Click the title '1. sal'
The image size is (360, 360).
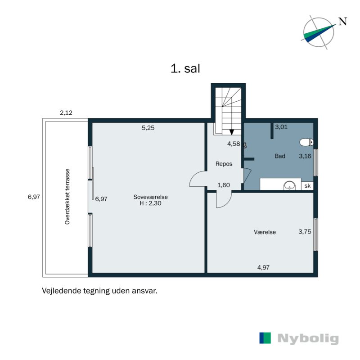pyautogui.click(x=185, y=69)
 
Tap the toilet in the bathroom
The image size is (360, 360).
pyautogui.click(x=306, y=143)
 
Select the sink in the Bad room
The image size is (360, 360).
pyautogui.click(x=290, y=185)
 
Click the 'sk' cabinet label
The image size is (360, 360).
pyautogui.click(x=308, y=185)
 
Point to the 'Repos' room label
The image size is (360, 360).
pyautogui.click(x=224, y=164)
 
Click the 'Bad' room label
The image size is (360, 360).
pyautogui.click(x=280, y=156)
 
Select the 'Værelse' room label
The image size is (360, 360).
pyautogui.click(x=265, y=232)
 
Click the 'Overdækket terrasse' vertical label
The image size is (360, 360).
pyautogui.click(x=67, y=197)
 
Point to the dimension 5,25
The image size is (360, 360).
pyautogui.click(x=148, y=128)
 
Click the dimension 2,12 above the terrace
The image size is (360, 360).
pyautogui.click(x=66, y=113)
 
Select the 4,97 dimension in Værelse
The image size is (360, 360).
pyautogui.click(x=264, y=267)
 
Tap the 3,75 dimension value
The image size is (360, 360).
pyautogui.click(x=305, y=232)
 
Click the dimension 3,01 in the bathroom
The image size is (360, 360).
pyautogui.click(x=281, y=127)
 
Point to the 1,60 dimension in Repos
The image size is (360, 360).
pyautogui.click(x=224, y=185)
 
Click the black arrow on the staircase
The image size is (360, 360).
pyautogui.click(x=232, y=132)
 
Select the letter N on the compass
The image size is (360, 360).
pyautogui.click(x=342, y=21)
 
